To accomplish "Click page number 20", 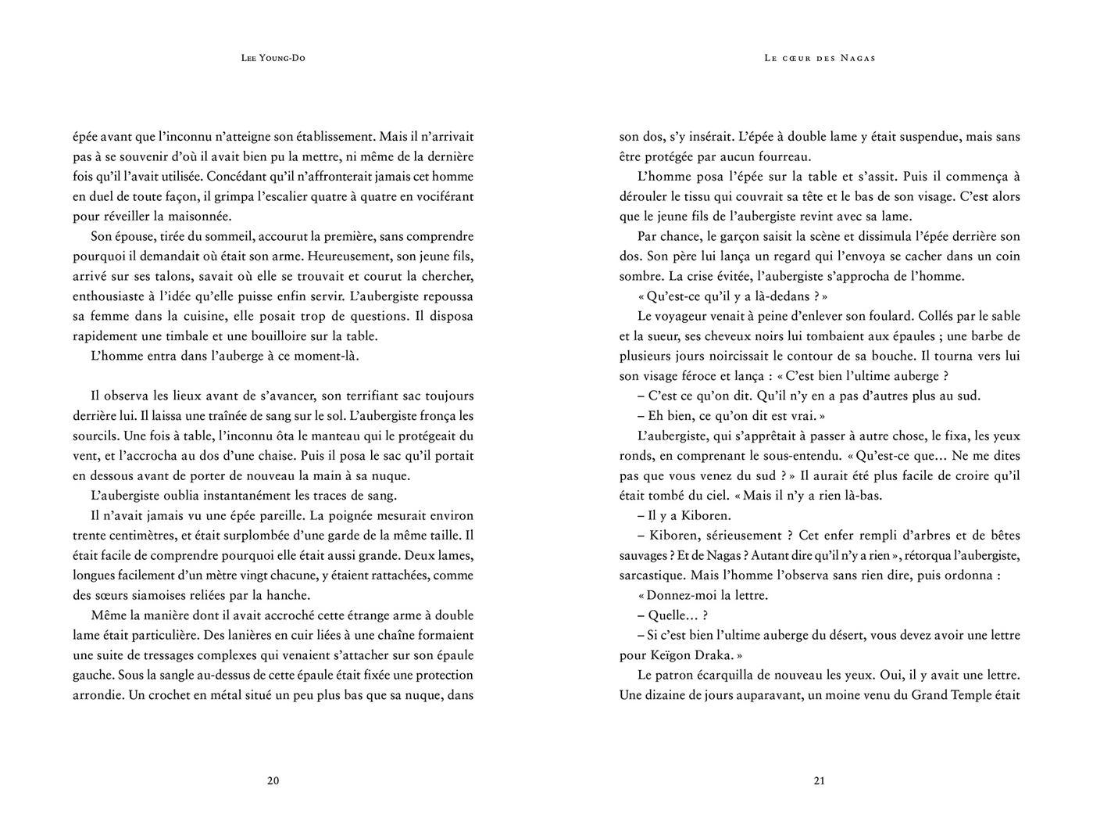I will (x=273, y=780).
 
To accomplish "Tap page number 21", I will (x=819, y=780).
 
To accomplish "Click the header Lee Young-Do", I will (x=273, y=58).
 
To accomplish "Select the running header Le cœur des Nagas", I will (x=820, y=58).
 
